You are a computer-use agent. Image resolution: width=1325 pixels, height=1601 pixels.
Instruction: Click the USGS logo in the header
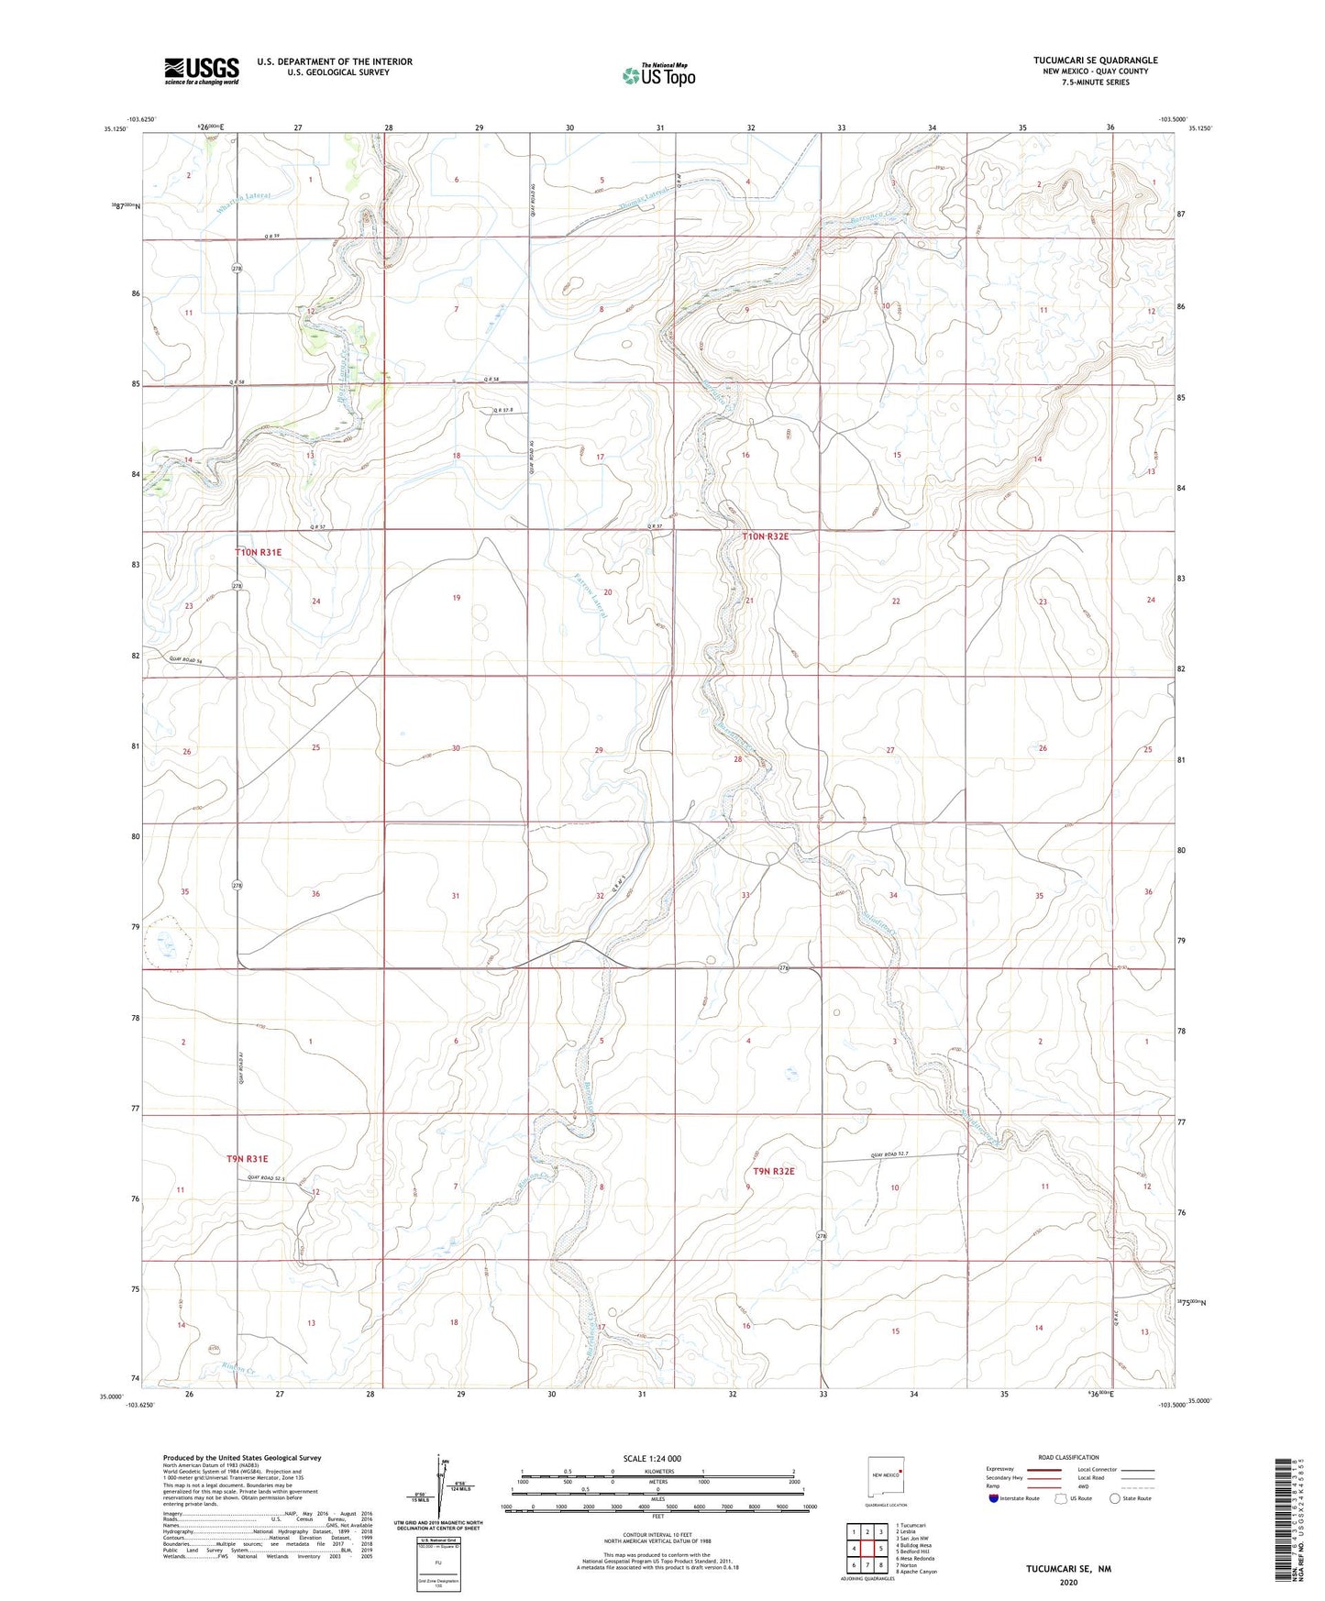click(x=202, y=71)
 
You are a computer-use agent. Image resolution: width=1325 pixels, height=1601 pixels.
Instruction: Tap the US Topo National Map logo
click(x=658, y=75)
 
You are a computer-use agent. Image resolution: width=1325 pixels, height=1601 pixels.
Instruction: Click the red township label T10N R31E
click(x=258, y=553)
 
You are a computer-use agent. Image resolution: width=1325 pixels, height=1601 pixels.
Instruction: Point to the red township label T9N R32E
click(x=774, y=1171)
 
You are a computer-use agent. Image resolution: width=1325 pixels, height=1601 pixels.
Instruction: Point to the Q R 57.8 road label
click(x=504, y=410)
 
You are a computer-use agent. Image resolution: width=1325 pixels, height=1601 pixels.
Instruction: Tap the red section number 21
click(x=749, y=601)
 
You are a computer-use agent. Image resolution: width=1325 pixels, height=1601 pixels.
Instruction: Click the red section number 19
click(x=456, y=598)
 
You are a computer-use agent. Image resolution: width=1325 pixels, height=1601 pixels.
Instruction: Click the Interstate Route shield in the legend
click(x=994, y=1498)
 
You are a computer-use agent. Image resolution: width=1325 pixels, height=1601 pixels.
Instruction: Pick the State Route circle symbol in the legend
click(x=1115, y=1498)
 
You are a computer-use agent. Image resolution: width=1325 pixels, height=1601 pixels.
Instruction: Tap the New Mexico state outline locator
click(x=887, y=1474)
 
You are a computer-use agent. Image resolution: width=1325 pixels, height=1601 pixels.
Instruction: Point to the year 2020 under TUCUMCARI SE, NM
click(x=1068, y=1582)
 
